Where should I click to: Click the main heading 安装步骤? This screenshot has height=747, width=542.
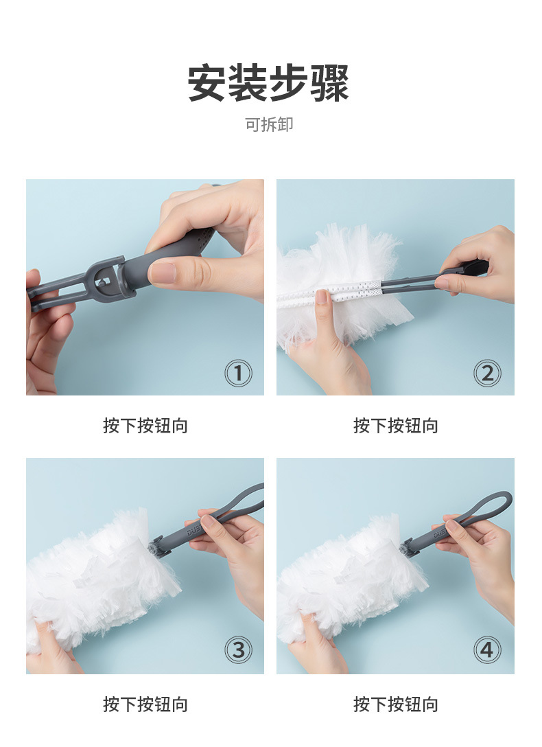268,83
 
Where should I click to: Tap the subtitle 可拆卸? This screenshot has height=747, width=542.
269,124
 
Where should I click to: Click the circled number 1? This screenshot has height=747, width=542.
238,373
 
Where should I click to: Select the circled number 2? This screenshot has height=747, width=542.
487,373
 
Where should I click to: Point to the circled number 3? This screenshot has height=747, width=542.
238,650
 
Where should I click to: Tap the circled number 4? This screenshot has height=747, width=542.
487,650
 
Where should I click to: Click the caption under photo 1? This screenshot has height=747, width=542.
145,426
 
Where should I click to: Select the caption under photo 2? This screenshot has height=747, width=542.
395,426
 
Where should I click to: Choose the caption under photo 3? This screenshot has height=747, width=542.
145,704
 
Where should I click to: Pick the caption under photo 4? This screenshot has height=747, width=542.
395,704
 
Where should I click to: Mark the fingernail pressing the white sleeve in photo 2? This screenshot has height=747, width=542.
322,297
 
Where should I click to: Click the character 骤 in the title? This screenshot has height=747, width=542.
330,83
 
